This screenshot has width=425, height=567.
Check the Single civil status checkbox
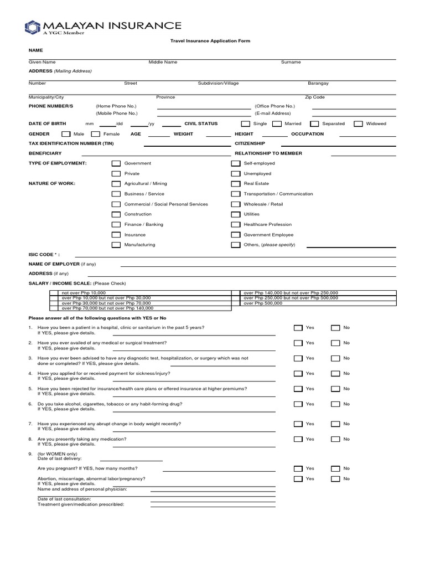tap(245, 124)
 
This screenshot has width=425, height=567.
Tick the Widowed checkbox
tap(358, 124)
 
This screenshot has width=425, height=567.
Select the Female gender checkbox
tap(95, 134)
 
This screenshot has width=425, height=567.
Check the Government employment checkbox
tap(116, 163)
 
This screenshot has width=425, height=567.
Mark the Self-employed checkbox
tap(235, 163)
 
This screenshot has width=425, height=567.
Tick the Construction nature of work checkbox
tap(116, 214)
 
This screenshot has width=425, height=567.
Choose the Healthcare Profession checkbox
tap(235, 224)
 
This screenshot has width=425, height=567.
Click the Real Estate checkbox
tap(235, 184)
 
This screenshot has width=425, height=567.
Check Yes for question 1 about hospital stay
tap(298, 328)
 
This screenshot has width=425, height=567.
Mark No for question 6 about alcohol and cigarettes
tap(335, 404)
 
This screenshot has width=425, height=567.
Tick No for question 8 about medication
tap(335, 439)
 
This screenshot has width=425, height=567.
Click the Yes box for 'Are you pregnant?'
tap(298, 468)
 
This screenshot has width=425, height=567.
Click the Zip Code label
tap(314, 97)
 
